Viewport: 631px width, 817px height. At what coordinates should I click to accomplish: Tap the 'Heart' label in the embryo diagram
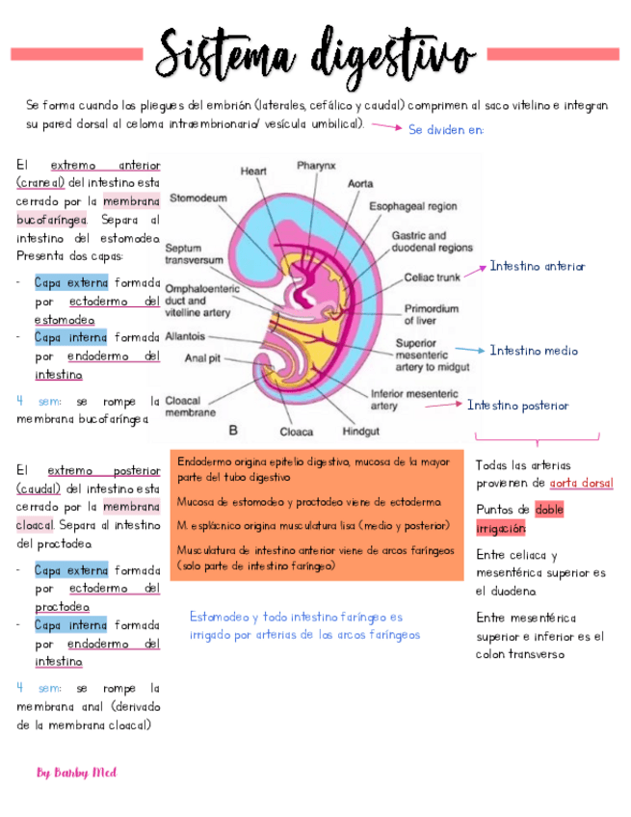click(253, 171)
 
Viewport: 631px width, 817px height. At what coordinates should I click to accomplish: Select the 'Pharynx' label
click(316, 166)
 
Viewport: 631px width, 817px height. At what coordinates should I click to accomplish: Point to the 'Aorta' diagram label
click(360, 183)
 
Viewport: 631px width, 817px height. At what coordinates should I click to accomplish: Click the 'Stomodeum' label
click(198, 198)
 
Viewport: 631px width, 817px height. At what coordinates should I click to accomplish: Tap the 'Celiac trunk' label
click(433, 278)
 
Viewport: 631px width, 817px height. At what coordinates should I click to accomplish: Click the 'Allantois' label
click(185, 337)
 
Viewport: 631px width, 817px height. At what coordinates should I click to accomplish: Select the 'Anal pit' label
click(203, 359)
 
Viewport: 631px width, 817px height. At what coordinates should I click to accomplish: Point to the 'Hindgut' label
click(360, 431)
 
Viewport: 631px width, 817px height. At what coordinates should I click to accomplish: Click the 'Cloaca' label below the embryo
click(296, 432)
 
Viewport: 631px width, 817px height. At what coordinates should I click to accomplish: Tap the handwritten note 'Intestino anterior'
click(537, 266)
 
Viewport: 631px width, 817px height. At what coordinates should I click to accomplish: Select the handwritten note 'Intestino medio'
click(534, 351)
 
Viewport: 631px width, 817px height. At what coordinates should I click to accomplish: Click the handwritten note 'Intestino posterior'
click(517, 406)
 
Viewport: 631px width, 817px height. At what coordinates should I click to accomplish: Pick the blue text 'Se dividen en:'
click(445, 129)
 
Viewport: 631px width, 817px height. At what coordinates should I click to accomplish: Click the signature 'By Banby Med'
click(76, 772)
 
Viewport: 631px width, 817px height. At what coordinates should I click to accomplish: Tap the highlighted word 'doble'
click(549, 510)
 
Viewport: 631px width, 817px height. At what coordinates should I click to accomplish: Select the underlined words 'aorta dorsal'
click(581, 483)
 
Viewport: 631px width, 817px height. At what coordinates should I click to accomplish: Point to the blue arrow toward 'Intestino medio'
click(469, 351)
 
